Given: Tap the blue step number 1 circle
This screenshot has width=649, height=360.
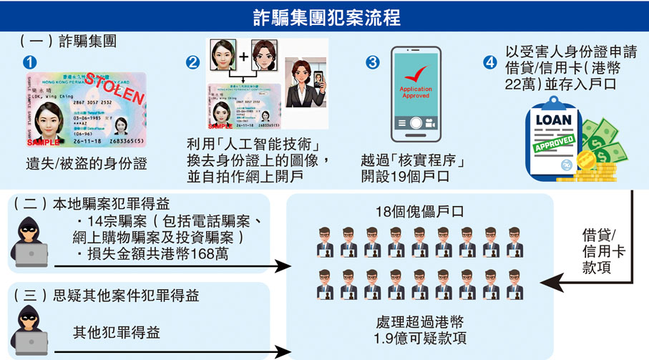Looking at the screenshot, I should click(29, 62).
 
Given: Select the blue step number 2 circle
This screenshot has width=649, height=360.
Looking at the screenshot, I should click(192, 62).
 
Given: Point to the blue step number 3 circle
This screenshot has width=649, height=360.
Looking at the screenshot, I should click(372, 62).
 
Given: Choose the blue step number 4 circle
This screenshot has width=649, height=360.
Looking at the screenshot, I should click(490, 62).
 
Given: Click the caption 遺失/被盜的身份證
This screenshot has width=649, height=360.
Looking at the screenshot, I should click(87, 164).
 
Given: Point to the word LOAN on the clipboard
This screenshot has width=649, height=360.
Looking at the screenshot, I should click(552, 122).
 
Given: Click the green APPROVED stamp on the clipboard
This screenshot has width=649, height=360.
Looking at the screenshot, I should click(555, 144).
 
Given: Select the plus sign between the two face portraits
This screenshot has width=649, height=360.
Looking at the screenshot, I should click(243, 55).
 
